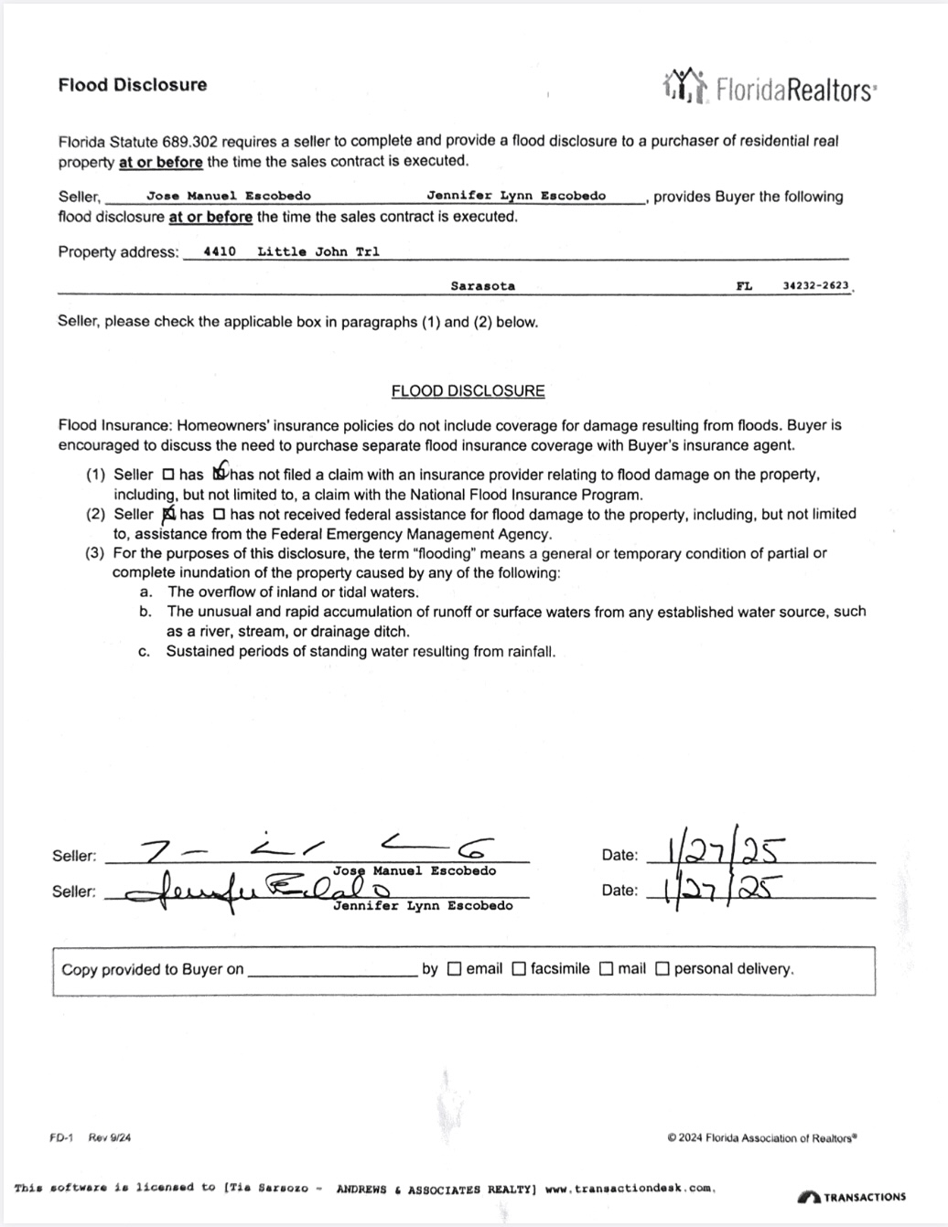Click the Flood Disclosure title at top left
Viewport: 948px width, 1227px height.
133,85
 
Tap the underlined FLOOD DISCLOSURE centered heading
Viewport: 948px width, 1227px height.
468,391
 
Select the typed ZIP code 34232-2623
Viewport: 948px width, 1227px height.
816,285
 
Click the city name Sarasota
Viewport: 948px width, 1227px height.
482,286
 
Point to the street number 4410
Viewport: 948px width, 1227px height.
220,251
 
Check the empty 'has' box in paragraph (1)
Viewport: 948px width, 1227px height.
167,475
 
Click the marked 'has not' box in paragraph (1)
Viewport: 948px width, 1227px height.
220,474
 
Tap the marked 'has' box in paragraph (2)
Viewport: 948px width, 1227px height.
168,515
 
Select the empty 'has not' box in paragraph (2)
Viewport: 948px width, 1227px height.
219,515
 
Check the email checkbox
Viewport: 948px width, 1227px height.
454,969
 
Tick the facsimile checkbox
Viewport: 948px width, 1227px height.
519,969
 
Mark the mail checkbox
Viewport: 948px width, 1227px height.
606,969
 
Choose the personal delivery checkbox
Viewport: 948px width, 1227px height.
663,969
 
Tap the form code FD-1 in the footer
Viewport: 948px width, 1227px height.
61,1138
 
